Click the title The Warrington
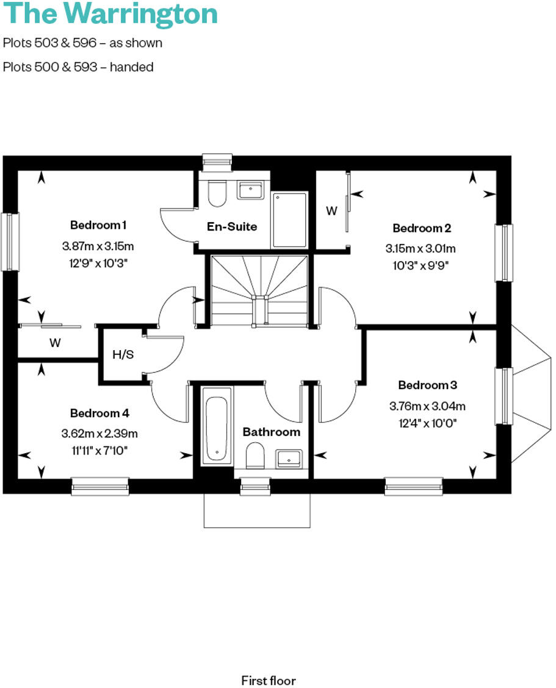pyautogui.click(x=110, y=13)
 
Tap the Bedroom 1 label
pyautogui.click(x=98, y=225)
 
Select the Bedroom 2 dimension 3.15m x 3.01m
pyautogui.click(x=421, y=249)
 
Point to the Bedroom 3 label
pyautogui.click(x=427, y=385)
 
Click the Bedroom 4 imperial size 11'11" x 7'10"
pyautogui.click(x=99, y=451)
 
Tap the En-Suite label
pyautogui.click(x=232, y=226)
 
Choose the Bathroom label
pyautogui.click(x=272, y=432)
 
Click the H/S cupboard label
pyautogui.click(x=123, y=354)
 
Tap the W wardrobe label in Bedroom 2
pyautogui.click(x=331, y=211)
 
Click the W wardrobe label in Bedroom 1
pyautogui.click(x=56, y=343)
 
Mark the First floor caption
pyautogui.click(x=269, y=680)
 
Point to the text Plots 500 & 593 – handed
pyautogui.click(x=78, y=67)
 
